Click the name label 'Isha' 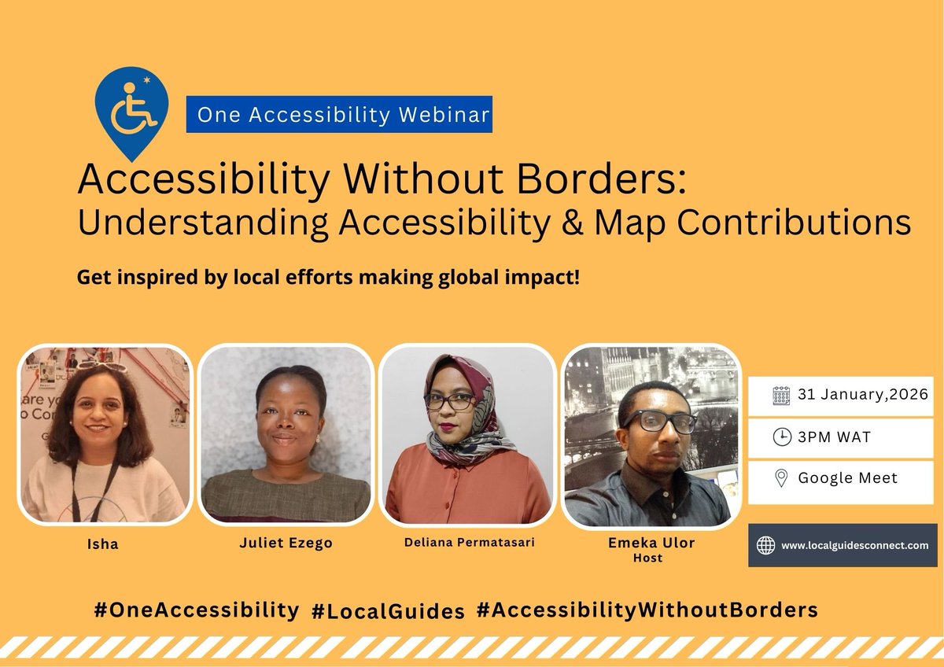[104, 544]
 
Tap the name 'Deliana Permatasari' [465, 542]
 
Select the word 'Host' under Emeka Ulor [650, 558]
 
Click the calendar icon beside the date [781, 396]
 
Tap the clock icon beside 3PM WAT [781, 437]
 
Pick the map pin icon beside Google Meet [781, 477]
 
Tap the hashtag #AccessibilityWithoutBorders [647, 610]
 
